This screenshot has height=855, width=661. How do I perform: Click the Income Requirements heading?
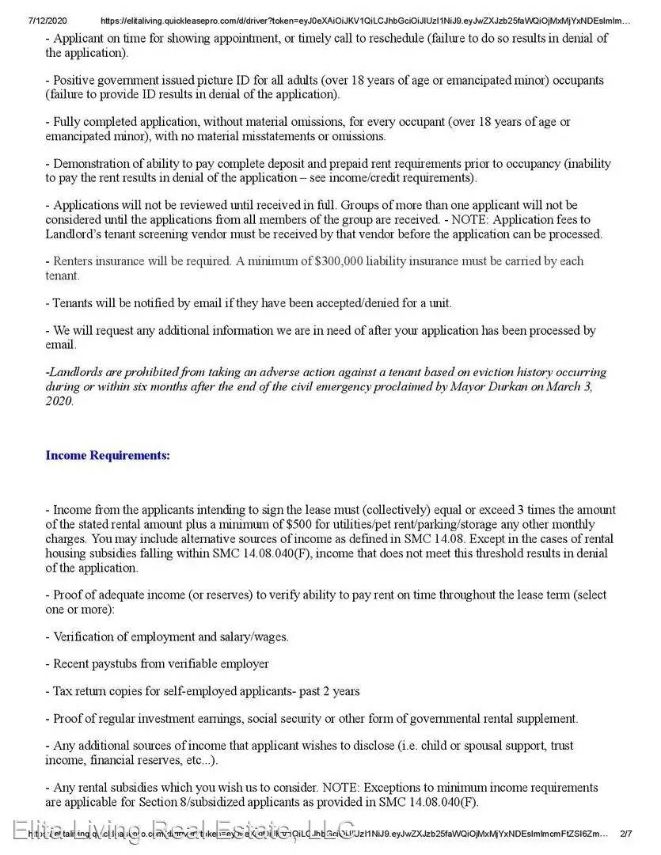tap(108, 455)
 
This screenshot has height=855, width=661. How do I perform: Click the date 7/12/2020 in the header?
tap(47, 21)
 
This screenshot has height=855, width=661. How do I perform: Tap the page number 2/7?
tap(626, 833)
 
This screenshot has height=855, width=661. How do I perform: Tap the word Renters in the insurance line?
tap(74, 261)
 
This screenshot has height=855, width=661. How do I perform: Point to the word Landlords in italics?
tap(78, 372)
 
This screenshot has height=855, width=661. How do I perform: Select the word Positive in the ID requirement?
tap(74, 81)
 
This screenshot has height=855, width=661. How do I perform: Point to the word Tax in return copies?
tap(63, 691)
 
